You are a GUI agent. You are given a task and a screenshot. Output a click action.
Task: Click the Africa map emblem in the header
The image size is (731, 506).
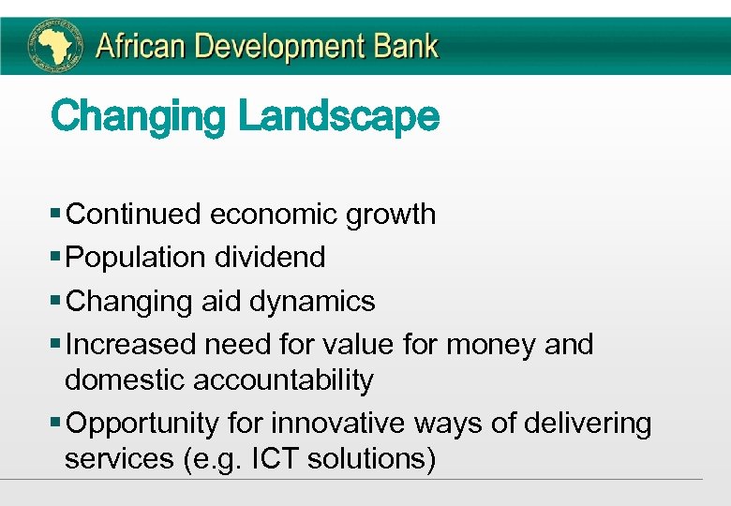(53, 45)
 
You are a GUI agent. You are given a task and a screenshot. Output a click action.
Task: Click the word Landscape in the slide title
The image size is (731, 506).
(338, 118)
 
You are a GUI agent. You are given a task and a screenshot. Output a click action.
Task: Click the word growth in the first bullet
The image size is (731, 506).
(391, 215)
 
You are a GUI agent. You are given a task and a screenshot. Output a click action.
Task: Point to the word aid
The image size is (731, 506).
(220, 302)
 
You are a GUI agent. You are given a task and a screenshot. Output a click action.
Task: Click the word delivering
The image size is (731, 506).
(587, 424)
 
